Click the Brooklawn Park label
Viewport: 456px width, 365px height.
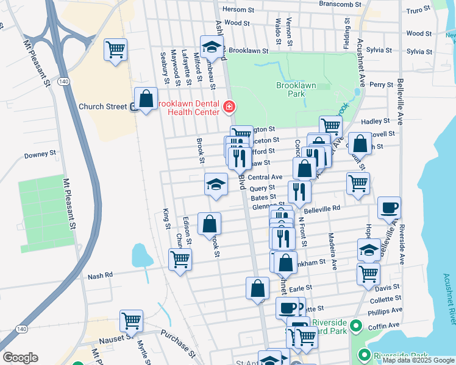(x=296, y=90)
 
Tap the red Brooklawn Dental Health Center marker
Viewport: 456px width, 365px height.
(x=229, y=107)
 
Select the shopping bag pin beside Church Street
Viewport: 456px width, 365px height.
(x=146, y=99)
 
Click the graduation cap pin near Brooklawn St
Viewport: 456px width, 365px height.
(x=212, y=47)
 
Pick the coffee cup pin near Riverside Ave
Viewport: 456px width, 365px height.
(x=389, y=209)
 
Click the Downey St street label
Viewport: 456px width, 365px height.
(x=40, y=155)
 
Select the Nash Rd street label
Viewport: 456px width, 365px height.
(x=101, y=276)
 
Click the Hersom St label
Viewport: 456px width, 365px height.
(x=238, y=10)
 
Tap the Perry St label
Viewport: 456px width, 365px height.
(x=381, y=85)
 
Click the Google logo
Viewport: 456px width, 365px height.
(x=20, y=358)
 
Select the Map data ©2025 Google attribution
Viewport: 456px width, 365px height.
(x=418, y=360)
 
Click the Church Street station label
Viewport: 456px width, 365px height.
(x=102, y=106)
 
